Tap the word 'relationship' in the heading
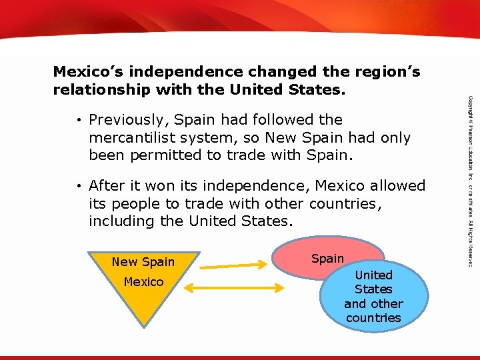coord(99,89)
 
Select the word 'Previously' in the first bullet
coord(127,120)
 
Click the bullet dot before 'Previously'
coord(79,121)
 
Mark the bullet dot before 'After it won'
coord(79,186)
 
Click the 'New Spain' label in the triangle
coord(143,262)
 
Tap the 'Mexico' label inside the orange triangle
coord(143,282)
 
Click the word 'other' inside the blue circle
coord(387,303)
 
